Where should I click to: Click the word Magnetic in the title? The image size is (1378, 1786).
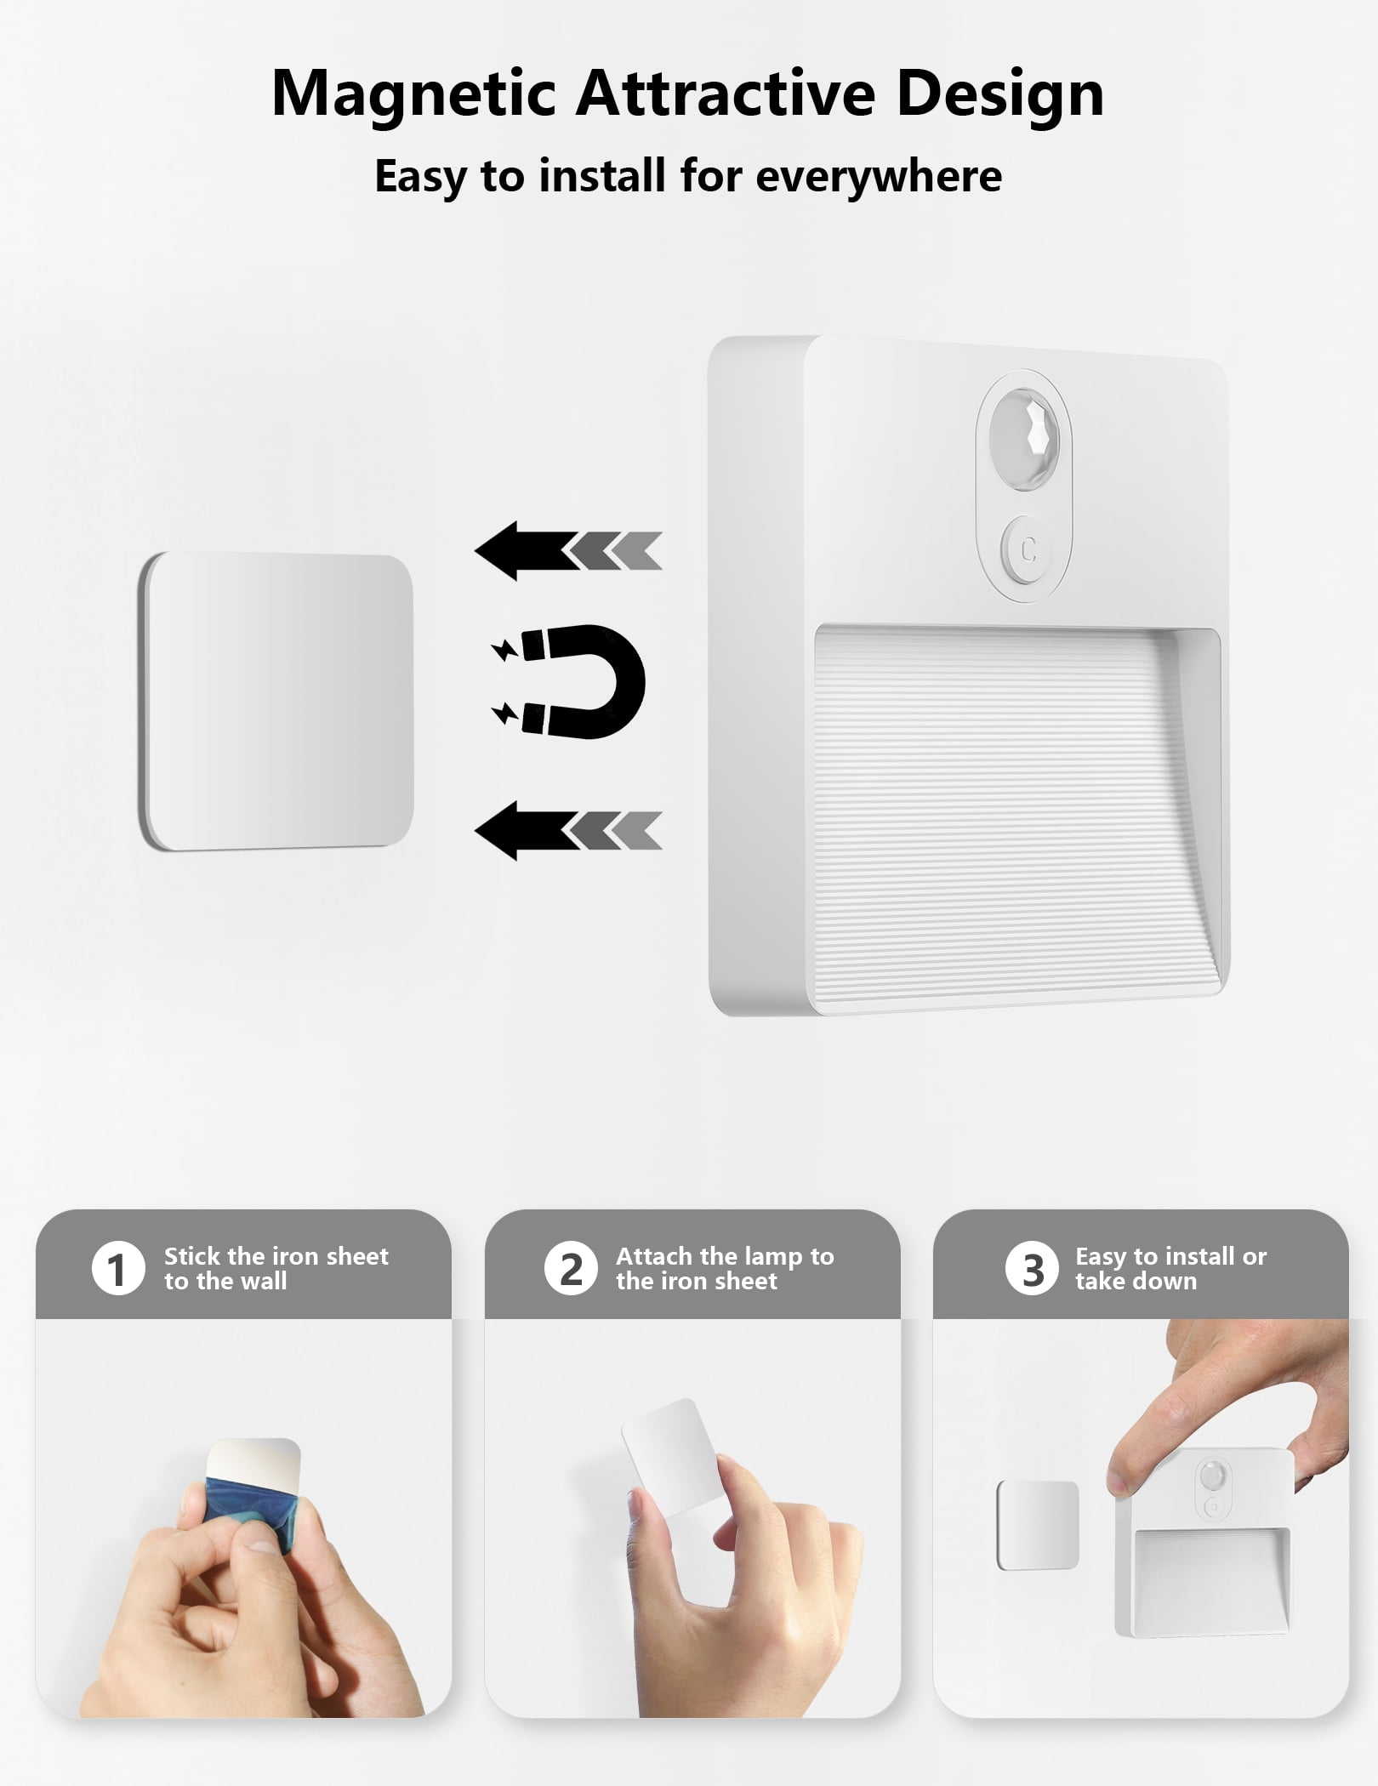click(413, 94)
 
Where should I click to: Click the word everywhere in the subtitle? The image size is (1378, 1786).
click(878, 176)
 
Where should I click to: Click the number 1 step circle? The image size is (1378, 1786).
click(118, 1268)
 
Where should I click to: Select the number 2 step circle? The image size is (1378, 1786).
click(571, 1268)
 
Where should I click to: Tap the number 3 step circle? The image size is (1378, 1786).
click(1032, 1268)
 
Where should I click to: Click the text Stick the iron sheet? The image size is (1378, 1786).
click(276, 1256)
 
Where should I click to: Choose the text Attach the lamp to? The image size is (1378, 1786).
click(725, 1256)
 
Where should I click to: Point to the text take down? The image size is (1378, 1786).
click(1136, 1281)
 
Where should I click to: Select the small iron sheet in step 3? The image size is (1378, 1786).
click(1037, 1525)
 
